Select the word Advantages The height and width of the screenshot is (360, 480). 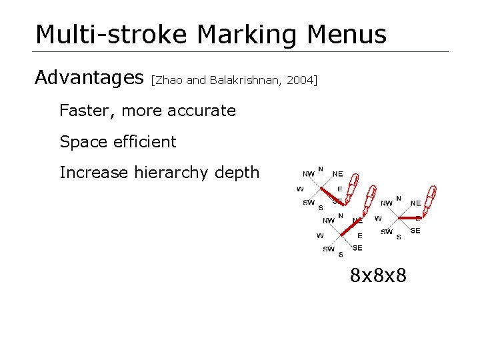click(x=89, y=78)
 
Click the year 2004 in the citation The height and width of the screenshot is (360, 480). click(x=299, y=81)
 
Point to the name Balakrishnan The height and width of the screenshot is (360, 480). click(x=246, y=81)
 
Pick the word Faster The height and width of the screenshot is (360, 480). click(x=85, y=111)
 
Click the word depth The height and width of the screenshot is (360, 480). click(x=239, y=173)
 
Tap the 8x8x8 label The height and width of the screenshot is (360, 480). click(x=378, y=274)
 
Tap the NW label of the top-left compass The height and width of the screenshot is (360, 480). click(x=309, y=174)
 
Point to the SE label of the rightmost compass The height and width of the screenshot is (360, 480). click(x=415, y=231)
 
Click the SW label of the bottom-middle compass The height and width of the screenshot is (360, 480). click(x=329, y=249)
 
